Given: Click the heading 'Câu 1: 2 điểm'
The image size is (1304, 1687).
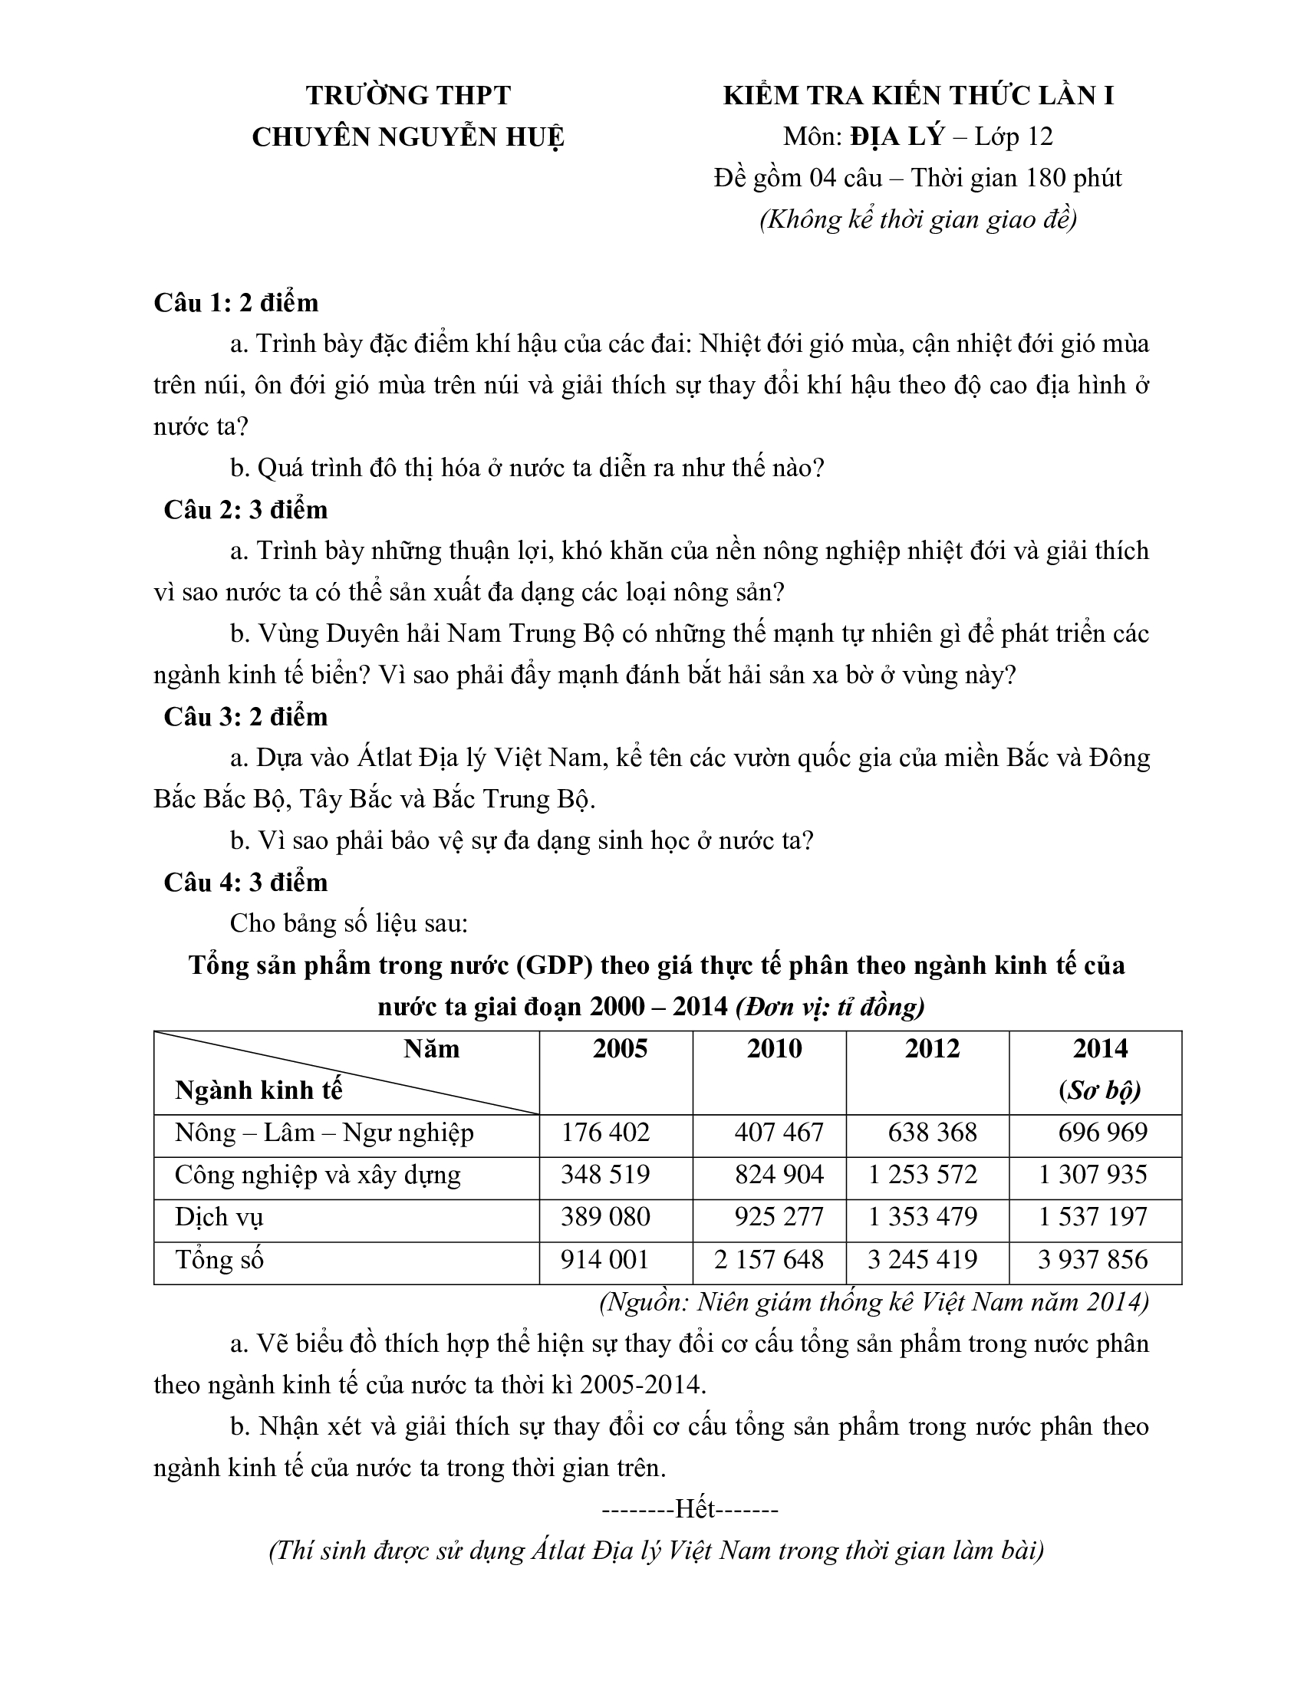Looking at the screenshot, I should pos(235,302).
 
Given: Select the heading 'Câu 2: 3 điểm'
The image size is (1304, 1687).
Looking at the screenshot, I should pos(245,510).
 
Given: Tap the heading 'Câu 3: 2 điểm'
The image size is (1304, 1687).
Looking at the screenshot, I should pos(245,717).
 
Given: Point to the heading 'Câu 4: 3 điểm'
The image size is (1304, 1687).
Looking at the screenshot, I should pos(245,882).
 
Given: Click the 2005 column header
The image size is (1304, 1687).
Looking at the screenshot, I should pos(620,1049).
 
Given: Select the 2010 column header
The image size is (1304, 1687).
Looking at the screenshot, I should pos(774,1049).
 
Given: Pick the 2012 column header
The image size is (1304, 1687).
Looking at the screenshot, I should pos(932,1049).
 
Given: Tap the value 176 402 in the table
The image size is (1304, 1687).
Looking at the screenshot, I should pos(606,1133).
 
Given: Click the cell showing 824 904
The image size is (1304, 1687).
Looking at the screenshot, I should pos(779,1175).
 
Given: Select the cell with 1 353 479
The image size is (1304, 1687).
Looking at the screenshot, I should pos(922,1218).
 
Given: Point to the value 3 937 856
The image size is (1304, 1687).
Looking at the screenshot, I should pos(1092,1260).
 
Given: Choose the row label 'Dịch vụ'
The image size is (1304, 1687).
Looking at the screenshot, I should pos(219,1218).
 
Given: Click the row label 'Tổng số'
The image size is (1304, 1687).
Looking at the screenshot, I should pos(219,1260).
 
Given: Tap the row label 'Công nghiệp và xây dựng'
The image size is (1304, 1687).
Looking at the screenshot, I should pos(318,1175).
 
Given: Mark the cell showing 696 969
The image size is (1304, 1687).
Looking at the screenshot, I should pos(1102,1133).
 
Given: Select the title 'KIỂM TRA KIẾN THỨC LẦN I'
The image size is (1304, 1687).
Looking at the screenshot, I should pos(917,96).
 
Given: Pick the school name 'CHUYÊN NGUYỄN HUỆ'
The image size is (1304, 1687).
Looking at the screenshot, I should pos(408,137).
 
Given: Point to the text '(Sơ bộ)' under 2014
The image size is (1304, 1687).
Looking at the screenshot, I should pos(1100,1090).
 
